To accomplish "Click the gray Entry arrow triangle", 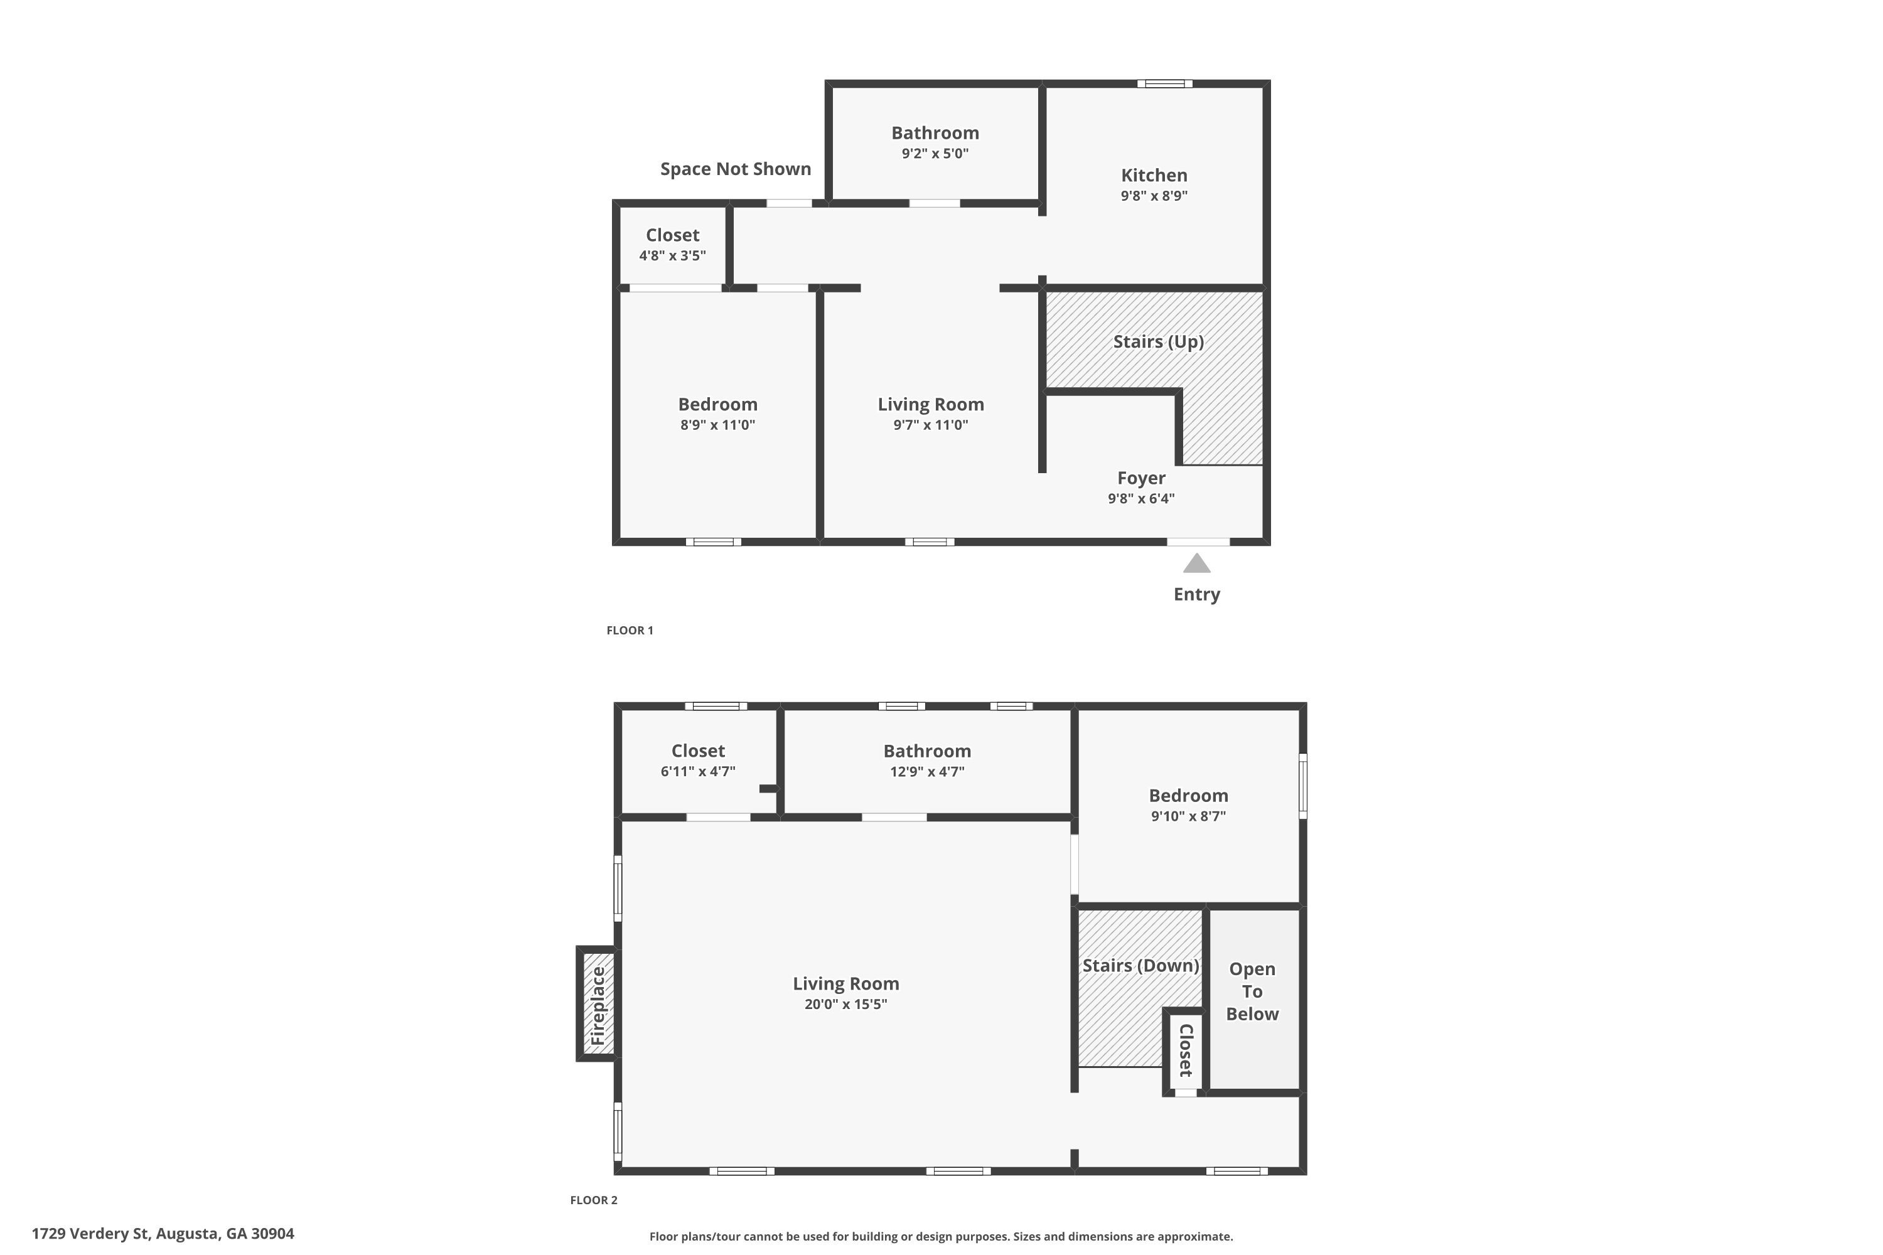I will pos(1196,563).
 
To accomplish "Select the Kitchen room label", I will pos(1154,175).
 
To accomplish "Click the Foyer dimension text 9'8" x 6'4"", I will pos(1141,499).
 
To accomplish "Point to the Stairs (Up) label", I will pos(1157,342).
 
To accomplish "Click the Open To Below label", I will pos(1252,991).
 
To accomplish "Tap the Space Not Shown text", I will pos(735,169).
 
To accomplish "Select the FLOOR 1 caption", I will pos(630,631).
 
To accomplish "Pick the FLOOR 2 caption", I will pos(593,1200).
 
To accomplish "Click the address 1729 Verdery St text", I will pos(163,1234).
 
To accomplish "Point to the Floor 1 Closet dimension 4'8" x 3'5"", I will pos(672,256).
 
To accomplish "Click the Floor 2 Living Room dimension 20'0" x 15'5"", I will pos(845,1005).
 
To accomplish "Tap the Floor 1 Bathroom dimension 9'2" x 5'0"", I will pos(935,154).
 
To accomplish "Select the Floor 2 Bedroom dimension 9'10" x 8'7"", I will pos(1188,816).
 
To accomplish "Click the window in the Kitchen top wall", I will pos(1164,84).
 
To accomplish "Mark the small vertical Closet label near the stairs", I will pos(1186,1049).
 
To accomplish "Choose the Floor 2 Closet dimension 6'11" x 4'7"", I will pos(697,772).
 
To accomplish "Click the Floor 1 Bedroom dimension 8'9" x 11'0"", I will pos(717,425).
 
